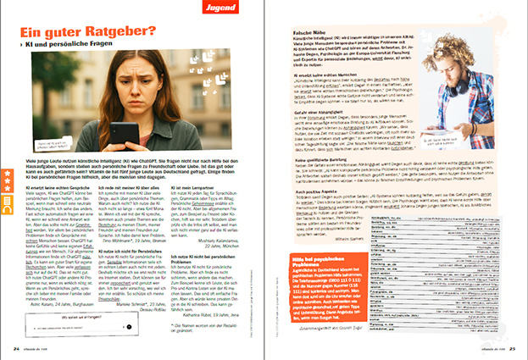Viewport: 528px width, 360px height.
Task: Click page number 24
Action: pyautogui.click(x=16, y=347)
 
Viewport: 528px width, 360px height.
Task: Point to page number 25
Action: pyautogui.click(x=511, y=347)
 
